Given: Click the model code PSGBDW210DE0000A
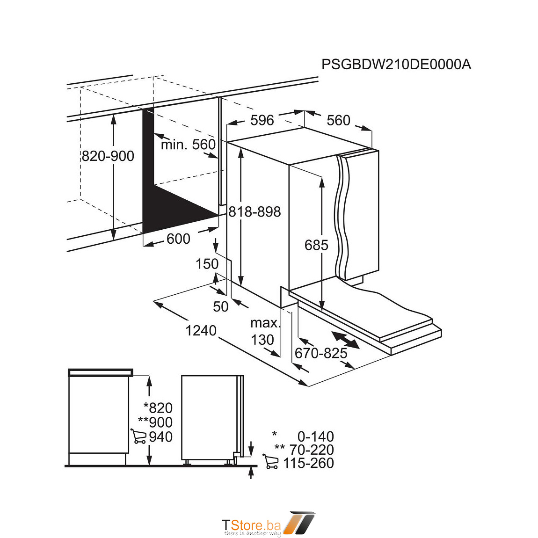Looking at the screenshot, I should point(396,65).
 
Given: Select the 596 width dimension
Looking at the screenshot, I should point(262,120).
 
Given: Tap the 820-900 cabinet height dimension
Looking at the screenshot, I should point(108,156).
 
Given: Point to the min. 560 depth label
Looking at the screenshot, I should point(188,145).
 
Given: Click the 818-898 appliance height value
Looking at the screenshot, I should point(254,212).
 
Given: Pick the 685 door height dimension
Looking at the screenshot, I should point(316,245).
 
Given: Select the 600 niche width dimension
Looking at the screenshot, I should point(178,239).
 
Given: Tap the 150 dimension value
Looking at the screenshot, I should point(207,264).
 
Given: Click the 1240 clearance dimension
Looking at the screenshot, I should point(201,331).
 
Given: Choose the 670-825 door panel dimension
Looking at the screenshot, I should point(321,353).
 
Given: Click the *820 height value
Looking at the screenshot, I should point(158,408).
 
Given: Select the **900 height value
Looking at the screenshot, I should point(155,422).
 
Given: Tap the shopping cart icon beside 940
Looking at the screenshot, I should point(138,436).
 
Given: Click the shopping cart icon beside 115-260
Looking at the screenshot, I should point(270,462).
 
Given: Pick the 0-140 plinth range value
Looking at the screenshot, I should point(315,437).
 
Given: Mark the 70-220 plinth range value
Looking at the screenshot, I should point(311,450).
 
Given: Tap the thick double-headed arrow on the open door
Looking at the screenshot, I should point(345,340).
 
